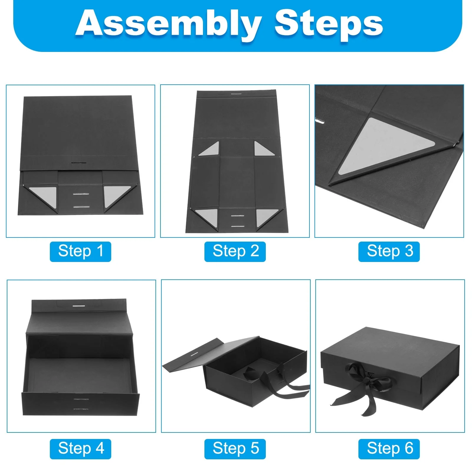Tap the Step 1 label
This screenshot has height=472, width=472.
[x=81, y=251]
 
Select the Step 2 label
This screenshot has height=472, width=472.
[x=235, y=251]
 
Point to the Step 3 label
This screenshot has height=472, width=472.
[x=389, y=251]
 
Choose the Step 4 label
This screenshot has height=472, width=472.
[x=81, y=449]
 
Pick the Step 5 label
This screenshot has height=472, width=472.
[x=235, y=449]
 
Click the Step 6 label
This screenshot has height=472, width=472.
[x=389, y=449]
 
